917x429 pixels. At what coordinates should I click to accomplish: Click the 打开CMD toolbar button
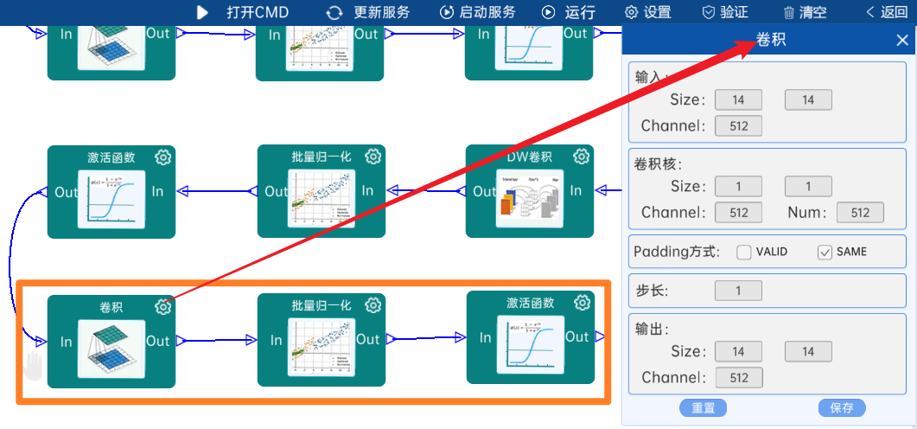tap(243, 12)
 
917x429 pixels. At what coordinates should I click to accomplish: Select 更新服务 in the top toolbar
tap(368, 12)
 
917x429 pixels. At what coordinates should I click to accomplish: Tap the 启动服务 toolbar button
tap(478, 12)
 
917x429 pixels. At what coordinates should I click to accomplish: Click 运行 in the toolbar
tap(569, 12)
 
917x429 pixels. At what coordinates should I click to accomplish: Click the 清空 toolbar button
tap(805, 12)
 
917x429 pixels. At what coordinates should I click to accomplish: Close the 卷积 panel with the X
tap(902, 40)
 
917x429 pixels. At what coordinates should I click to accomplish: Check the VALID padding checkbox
tap(744, 252)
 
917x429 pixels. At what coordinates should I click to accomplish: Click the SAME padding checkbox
tap(825, 252)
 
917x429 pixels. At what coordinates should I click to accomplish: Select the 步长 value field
tap(738, 291)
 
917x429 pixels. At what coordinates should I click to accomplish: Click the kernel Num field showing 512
tap(860, 213)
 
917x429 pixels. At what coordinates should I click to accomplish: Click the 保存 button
tap(841, 408)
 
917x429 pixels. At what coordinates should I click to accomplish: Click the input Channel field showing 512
tap(738, 125)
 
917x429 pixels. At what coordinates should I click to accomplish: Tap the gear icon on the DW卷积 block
tap(582, 157)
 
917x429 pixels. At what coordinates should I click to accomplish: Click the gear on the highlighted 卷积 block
tap(163, 307)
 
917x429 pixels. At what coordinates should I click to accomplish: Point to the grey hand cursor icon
tap(33, 365)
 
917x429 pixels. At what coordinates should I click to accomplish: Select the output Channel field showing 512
tap(738, 377)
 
